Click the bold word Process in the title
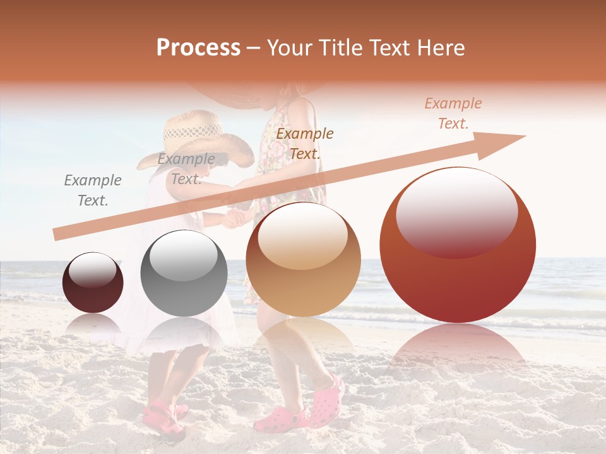tap(198, 48)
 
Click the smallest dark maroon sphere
tap(93, 282)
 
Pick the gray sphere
tap(184, 273)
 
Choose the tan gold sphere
tap(303, 259)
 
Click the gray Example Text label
tap(93, 190)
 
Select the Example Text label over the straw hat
tap(186, 169)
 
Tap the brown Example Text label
tap(305, 143)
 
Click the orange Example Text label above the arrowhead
tap(453, 113)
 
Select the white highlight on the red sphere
tap(456, 211)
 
